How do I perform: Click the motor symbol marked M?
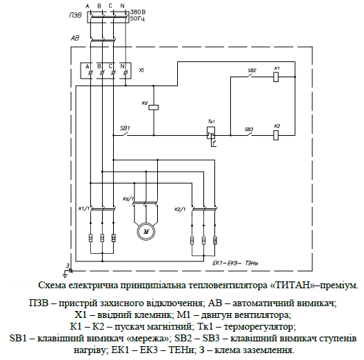[x=146, y=232]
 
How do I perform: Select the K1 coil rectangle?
[x=276, y=78]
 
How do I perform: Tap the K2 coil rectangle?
[x=276, y=135]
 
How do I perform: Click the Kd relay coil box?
[x=154, y=107]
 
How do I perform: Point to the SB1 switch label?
[x=125, y=128]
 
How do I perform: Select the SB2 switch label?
[x=251, y=70]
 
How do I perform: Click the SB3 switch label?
[x=249, y=128]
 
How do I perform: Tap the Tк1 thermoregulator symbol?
[x=212, y=134]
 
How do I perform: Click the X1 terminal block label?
[x=141, y=70]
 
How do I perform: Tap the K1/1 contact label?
[x=83, y=208]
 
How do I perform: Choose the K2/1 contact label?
[x=179, y=208]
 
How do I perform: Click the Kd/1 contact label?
[x=128, y=200]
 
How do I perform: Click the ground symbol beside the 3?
[x=61, y=271]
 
